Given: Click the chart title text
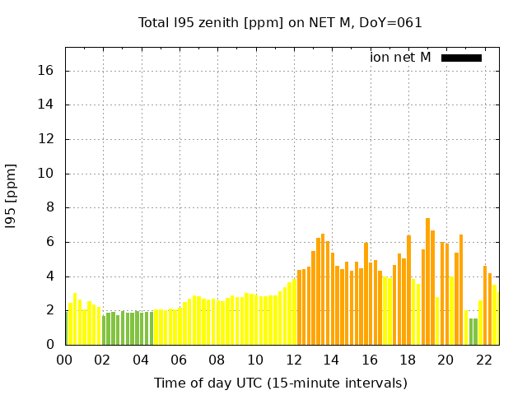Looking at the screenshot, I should (280, 22).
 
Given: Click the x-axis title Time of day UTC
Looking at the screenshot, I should (280, 383).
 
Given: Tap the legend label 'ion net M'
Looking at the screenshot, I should (400, 57).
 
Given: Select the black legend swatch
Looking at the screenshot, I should (461, 58).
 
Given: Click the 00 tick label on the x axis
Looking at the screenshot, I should (65, 360).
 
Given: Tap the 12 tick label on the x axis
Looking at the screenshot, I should (294, 360).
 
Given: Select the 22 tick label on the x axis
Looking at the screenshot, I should (484, 360).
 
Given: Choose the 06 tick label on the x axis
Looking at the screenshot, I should (180, 360).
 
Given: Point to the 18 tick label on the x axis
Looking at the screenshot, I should (408, 360).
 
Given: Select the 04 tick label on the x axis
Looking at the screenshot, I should (141, 360).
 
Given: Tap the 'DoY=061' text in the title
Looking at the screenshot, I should (394, 22).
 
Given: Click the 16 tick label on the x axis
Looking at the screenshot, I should (370, 360).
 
